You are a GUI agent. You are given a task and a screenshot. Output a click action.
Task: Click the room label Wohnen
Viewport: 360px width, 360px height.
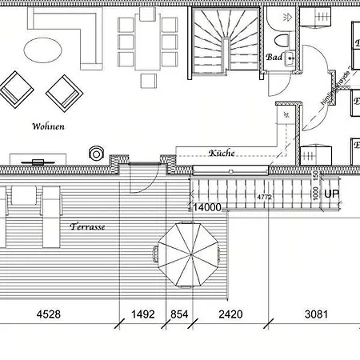tap(48, 126)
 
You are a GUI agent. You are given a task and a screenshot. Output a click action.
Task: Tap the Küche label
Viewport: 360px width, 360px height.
tap(222, 153)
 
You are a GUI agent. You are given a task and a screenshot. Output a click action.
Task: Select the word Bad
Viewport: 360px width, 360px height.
tap(274, 58)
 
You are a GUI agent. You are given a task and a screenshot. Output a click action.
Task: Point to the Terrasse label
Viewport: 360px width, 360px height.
tap(87, 226)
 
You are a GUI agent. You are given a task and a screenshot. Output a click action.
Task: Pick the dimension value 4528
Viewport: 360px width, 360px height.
tap(47, 314)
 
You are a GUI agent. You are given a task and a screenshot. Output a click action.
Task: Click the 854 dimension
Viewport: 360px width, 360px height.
tap(179, 314)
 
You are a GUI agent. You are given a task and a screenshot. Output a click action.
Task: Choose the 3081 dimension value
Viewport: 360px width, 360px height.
tap(315, 314)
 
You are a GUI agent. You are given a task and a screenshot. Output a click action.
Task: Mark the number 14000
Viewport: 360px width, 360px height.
tap(205, 207)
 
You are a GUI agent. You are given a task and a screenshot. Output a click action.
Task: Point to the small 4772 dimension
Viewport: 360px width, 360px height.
tap(264, 196)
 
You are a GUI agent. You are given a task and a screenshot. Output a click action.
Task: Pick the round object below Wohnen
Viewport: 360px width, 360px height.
tap(98, 153)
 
